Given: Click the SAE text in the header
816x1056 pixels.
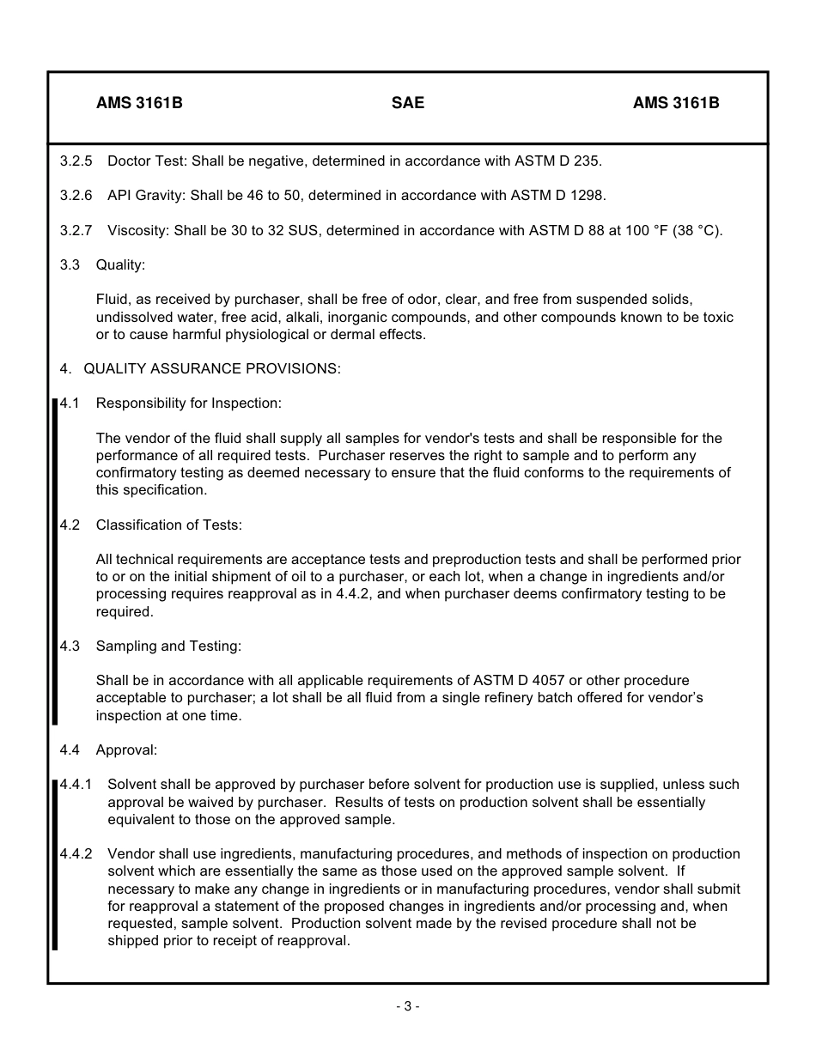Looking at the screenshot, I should (x=407, y=103).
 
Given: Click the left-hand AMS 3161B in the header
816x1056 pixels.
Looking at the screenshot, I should (x=139, y=103).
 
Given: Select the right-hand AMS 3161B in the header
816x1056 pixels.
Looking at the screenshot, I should (x=676, y=103).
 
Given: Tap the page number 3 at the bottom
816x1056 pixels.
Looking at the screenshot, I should (x=408, y=1006).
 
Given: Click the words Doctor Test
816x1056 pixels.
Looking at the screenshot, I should (x=145, y=161).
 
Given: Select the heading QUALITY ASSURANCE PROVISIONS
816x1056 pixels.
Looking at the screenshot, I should (x=212, y=368).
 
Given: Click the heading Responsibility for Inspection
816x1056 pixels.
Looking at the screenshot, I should (x=188, y=403).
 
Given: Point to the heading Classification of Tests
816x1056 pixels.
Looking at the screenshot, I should (x=169, y=525).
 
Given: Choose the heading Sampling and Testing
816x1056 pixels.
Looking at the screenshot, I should (x=168, y=646).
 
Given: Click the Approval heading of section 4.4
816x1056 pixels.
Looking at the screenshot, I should (x=126, y=750).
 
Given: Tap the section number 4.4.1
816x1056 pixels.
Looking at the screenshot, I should (x=76, y=784).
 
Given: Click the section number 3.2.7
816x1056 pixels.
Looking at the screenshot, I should (x=76, y=230).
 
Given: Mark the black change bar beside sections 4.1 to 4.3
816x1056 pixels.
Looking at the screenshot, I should (x=55, y=561).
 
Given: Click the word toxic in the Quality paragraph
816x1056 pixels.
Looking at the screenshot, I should (x=717, y=317).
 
